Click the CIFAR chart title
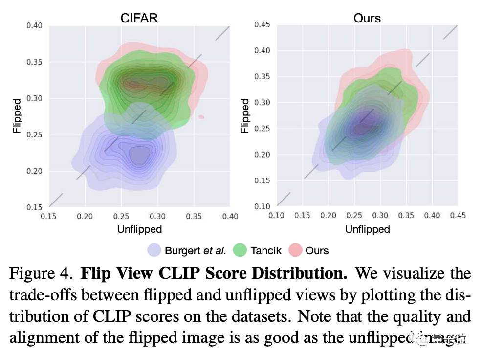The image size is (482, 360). coord(139,18)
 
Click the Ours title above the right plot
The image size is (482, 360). coord(367,18)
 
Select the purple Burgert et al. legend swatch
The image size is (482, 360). coord(154,250)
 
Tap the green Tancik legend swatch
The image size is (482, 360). coord(240,250)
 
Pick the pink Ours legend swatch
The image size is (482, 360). coord(295,250)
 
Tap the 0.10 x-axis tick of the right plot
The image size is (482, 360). coord(277,216)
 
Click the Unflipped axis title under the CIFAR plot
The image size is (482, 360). coord(139,229)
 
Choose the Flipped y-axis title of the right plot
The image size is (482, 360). coord(245,116)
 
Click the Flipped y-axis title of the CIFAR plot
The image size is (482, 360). coord(17,116)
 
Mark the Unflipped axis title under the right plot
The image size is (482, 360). coord(367,229)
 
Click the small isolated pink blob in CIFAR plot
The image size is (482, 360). coord(201,117)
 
